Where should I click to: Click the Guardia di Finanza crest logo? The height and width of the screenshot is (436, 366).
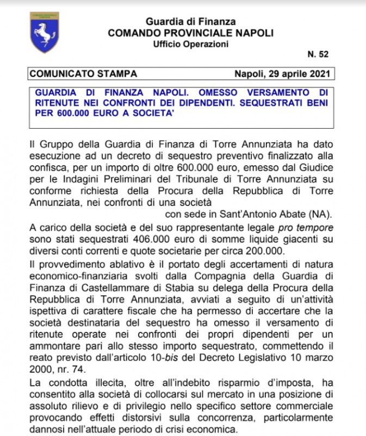point(44,32)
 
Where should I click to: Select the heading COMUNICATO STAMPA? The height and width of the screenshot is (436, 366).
point(83,74)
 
